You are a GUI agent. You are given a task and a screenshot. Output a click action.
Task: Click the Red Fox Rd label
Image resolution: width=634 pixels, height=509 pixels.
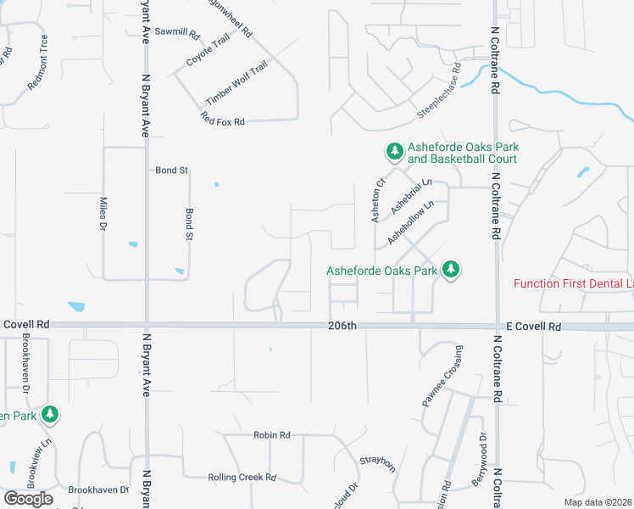pyautogui.click(x=223, y=119)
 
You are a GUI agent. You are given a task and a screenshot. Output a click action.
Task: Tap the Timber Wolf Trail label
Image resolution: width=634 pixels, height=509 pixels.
pyautogui.click(x=236, y=82)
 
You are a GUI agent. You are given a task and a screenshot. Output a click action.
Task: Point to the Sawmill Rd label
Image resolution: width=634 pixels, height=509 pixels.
pyautogui.click(x=182, y=35)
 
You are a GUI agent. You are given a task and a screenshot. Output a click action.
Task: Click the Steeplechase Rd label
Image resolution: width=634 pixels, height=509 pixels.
pyautogui.click(x=438, y=91)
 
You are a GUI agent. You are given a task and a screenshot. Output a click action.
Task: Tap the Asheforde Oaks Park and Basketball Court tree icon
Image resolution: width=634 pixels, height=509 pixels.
pyautogui.click(x=394, y=152)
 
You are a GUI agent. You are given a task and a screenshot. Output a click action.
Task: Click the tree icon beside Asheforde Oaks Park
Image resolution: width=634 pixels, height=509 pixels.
pyautogui.click(x=451, y=270)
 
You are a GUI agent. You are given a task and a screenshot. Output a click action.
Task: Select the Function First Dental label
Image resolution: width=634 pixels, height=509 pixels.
pyautogui.click(x=573, y=283)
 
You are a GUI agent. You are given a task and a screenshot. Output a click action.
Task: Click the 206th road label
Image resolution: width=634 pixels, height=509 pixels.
pyautogui.click(x=344, y=326)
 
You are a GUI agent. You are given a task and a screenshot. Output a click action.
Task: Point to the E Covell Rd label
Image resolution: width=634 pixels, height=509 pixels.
pyautogui.click(x=534, y=327)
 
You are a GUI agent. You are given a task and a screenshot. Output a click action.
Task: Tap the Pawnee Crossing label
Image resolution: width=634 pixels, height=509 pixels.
pyautogui.click(x=442, y=376)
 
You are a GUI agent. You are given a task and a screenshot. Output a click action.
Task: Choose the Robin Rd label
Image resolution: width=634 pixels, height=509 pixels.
pyautogui.click(x=271, y=435)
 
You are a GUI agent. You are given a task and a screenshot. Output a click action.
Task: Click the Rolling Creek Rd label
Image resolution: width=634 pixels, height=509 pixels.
pyautogui.click(x=242, y=478)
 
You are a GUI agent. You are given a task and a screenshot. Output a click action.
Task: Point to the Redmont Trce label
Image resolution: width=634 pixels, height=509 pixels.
pyautogui.click(x=39, y=63)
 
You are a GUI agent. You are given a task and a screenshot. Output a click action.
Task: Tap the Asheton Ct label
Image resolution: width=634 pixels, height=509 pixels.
pyautogui.click(x=379, y=200)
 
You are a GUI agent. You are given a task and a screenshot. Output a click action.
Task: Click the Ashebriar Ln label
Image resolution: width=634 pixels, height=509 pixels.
pyautogui.click(x=412, y=196)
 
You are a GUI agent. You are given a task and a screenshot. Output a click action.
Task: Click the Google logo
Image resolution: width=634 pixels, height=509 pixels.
pyautogui.click(x=28, y=499)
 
